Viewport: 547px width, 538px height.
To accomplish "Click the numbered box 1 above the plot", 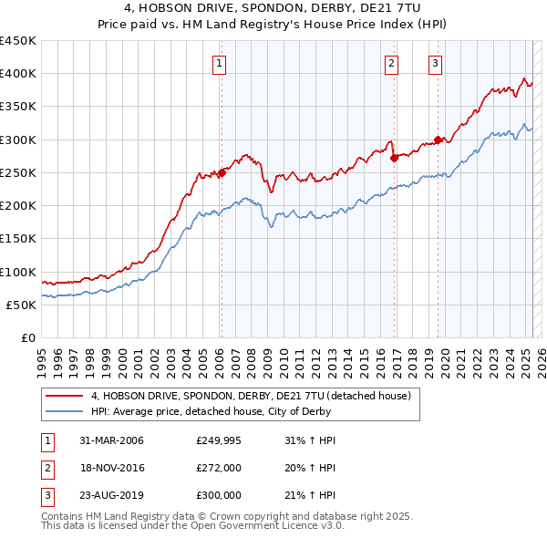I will click(x=221, y=64).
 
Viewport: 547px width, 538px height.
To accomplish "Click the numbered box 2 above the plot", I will click(x=391, y=64).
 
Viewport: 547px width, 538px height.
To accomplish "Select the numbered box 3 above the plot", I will click(x=436, y=64).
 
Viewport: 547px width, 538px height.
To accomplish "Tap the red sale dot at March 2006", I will click(x=222, y=172).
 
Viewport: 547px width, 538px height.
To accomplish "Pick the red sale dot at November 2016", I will click(x=395, y=158).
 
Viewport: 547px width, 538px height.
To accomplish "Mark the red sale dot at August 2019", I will click(x=438, y=140).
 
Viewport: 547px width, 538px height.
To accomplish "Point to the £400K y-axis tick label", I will click(x=18, y=74).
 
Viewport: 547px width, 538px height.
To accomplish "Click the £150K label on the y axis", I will click(x=18, y=239).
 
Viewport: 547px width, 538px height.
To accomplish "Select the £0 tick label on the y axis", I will click(x=27, y=338).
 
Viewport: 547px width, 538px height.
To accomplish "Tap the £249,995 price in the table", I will click(x=219, y=440).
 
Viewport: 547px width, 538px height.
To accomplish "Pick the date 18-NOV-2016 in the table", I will click(x=112, y=468).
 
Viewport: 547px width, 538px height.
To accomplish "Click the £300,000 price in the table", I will click(x=219, y=495).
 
